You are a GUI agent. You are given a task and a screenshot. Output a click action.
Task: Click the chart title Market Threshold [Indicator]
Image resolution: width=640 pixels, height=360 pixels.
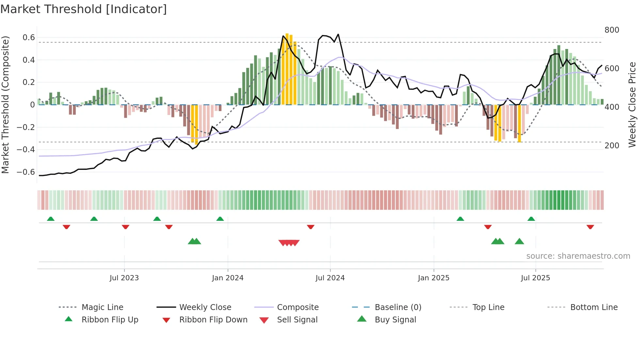tap(84, 9)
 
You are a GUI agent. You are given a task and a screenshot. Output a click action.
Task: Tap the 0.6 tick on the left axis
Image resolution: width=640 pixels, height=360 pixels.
tap(29, 38)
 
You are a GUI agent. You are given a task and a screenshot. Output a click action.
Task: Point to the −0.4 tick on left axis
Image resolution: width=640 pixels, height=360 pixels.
tap(26, 150)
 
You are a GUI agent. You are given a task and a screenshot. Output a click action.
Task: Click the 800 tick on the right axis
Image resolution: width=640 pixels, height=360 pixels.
tap(612, 30)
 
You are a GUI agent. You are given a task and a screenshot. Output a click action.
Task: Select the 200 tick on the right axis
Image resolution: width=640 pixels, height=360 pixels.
tap(612, 146)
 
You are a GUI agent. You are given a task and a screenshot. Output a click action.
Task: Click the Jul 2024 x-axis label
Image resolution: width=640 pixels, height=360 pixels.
tap(330, 278)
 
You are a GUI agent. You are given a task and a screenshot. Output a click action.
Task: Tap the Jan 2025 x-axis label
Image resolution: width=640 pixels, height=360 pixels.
tap(433, 278)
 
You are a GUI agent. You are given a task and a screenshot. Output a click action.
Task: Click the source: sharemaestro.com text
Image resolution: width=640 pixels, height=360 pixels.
tap(578, 256)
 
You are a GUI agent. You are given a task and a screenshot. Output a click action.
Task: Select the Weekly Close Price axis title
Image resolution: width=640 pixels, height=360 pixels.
tap(632, 105)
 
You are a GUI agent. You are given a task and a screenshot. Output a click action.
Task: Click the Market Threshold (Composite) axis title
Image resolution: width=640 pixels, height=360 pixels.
tap(5, 105)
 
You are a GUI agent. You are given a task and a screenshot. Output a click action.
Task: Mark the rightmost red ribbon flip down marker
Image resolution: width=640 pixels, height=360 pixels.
tap(590, 227)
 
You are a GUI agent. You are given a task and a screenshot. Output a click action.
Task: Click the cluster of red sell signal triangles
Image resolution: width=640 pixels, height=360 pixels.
tap(289, 243)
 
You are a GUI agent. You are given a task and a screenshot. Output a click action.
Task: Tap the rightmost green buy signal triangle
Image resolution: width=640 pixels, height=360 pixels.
tap(519, 241)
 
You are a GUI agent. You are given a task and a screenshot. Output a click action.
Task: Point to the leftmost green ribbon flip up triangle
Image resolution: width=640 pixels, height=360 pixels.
tap(51, 219)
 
